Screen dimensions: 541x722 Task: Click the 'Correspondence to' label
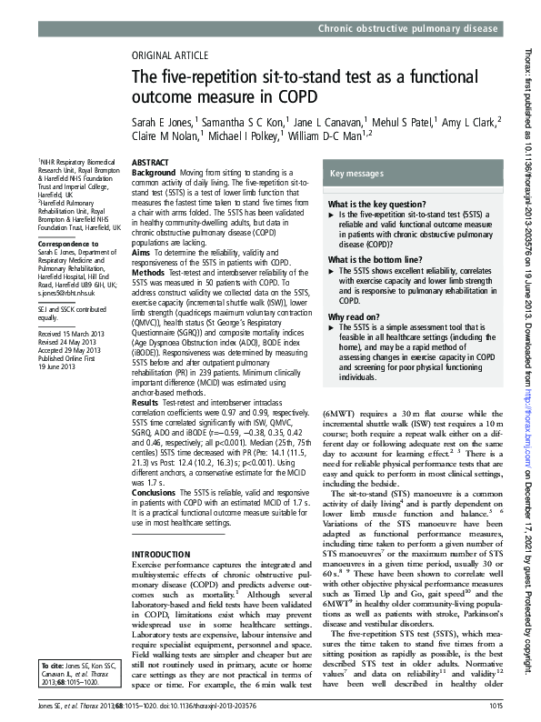(67, 244)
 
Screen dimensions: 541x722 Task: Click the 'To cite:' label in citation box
(54, 666)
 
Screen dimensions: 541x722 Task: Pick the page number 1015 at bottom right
(495, 706)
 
